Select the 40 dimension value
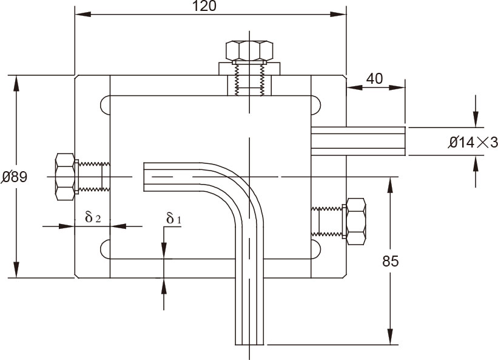coord(375,79)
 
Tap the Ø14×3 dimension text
coord(473,143)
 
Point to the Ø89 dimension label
coord(13,177)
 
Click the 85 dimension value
coord(391,262)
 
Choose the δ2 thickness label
coord(93,217)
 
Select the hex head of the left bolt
coord(65,177)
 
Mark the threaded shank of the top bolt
coord(249,79)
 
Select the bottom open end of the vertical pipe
coord(250,342)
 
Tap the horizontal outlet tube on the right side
coord(358,141)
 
